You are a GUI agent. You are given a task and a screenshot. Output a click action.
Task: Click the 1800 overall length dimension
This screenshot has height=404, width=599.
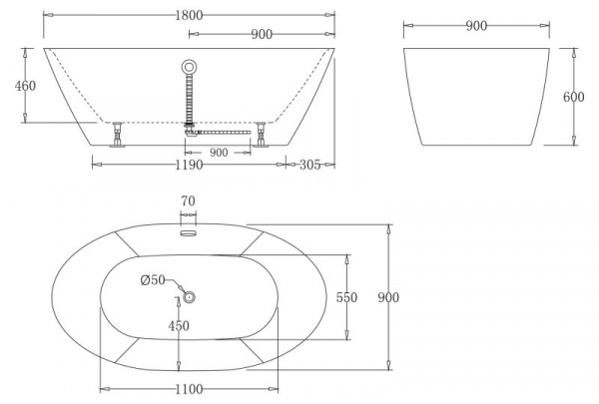pos(189,15)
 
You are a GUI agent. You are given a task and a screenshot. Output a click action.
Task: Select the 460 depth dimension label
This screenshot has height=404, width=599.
pos(25,86)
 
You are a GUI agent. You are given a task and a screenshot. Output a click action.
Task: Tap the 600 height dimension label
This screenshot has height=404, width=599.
pos(573,97)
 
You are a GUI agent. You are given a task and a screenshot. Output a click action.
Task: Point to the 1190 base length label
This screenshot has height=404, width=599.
pos(189,165)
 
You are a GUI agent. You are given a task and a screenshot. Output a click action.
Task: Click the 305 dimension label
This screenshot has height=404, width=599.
pos(309,165)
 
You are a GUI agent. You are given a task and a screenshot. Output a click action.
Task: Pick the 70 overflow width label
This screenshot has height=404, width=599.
pos(188,201)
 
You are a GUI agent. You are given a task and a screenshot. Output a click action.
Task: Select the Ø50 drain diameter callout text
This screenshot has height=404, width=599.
pos(153,280)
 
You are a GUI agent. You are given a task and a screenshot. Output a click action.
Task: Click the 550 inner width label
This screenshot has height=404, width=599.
pos(346,297)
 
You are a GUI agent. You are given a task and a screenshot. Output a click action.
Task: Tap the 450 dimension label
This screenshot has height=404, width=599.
pos(179,325)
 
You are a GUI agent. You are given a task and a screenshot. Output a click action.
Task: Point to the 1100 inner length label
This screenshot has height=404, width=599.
pos(189,389)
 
